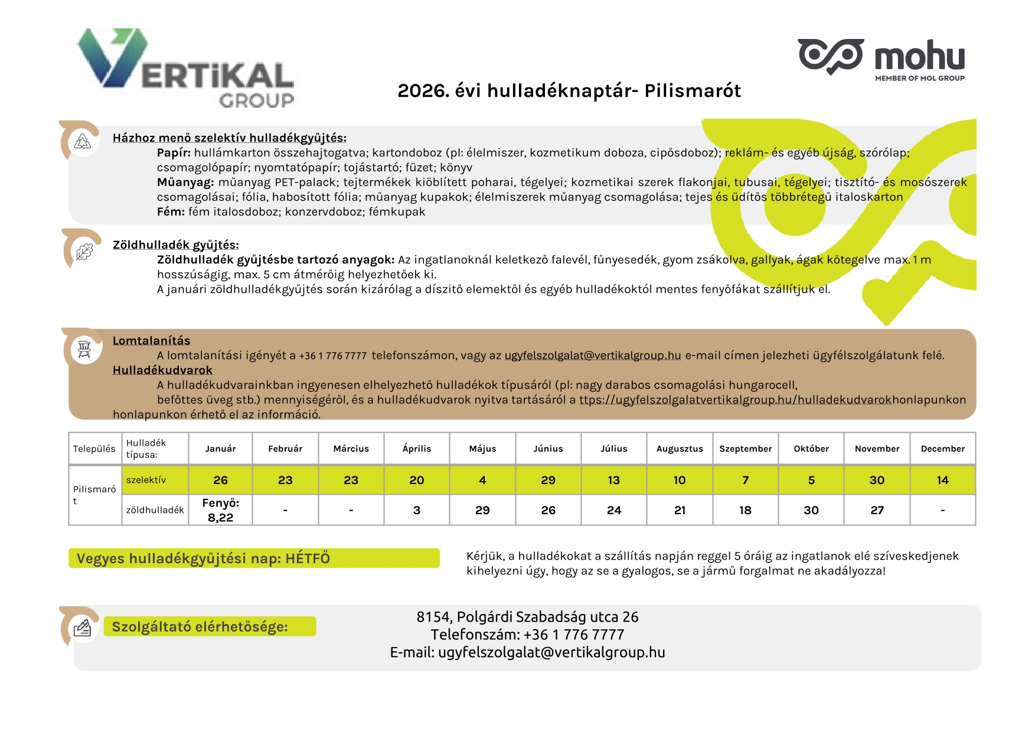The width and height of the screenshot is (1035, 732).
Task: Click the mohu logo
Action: click(x=881, y=58)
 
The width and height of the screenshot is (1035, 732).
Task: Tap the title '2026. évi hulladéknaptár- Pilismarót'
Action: click(x=569, y=91)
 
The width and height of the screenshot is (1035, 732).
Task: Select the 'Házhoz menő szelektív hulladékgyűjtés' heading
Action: click(x=229, y=138)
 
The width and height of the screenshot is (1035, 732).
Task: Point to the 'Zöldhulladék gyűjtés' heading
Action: click(x=175, y=245)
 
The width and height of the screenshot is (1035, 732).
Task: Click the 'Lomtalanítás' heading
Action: click(x=151, y=341)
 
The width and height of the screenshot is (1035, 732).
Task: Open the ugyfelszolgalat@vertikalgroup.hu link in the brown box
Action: click(x=592, y=355)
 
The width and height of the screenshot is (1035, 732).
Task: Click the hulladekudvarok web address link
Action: click(x=735, y=400)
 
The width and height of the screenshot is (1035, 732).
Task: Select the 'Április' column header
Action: click(x=416, y=449)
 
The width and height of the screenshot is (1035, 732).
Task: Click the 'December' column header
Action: click(x=942, y=449)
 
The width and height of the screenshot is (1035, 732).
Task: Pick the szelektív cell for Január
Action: click(x=220, y=480)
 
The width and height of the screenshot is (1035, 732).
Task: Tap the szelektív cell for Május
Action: click(x=482, y=480)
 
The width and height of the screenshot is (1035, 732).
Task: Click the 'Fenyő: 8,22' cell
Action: click(x=220, y=510)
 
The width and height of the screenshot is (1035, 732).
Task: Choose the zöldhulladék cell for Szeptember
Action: click(x=745, y=510)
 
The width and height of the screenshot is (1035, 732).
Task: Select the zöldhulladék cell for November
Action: click(x=877, y=510)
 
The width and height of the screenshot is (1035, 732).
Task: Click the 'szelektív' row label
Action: click(x=146, y=480)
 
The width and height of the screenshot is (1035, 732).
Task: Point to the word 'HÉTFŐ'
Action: click(x=307, y=558)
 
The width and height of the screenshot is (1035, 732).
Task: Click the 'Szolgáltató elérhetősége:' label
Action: click(x=200, y=627)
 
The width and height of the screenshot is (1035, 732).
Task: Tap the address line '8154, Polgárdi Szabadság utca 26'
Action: click(x=527, y=617)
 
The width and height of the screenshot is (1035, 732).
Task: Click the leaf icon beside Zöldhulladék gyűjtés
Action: click(x=84, y=251)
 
